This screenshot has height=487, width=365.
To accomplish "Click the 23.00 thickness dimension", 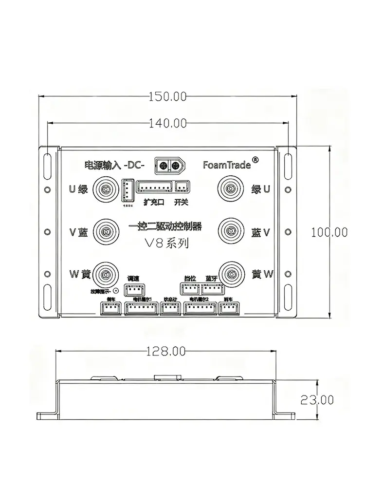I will pyautogui.click(x=317, y=400).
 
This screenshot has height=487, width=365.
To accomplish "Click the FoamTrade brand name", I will pyautogui.click(x=227, y=165).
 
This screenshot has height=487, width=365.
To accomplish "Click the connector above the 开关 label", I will pyautogui.click(x=182, y=186).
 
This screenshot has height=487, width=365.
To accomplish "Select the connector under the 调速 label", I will pyautogui.click(x=132, y=290).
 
